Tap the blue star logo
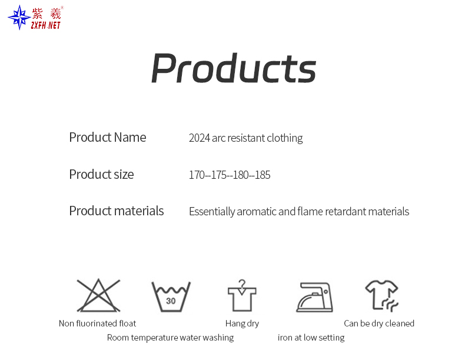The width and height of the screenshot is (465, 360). (x=19, y=17)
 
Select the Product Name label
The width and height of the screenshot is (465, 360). (x=107, y=137)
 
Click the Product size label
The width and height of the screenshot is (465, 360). (x=101, y=174)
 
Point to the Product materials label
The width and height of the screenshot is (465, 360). (x=116, y=211)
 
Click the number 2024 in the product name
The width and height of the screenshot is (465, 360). (x=199, y=138)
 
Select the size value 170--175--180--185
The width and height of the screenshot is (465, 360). (x=230, y=175)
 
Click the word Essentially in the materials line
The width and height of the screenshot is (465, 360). (x=211, y=212)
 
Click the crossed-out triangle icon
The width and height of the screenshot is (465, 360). (x=98, y=295)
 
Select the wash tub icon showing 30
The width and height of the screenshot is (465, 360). (x=171, y=296)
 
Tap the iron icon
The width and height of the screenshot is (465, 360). (x=314, y=297)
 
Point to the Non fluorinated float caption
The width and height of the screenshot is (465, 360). (x=97, y=324)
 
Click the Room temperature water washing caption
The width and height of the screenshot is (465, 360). (x=170, y=338)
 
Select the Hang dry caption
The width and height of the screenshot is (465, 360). (x=242, y=324)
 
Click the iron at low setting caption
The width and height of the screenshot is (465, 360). (x=311, y=338)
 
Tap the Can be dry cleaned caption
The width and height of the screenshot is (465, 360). (x=379, y=324)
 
